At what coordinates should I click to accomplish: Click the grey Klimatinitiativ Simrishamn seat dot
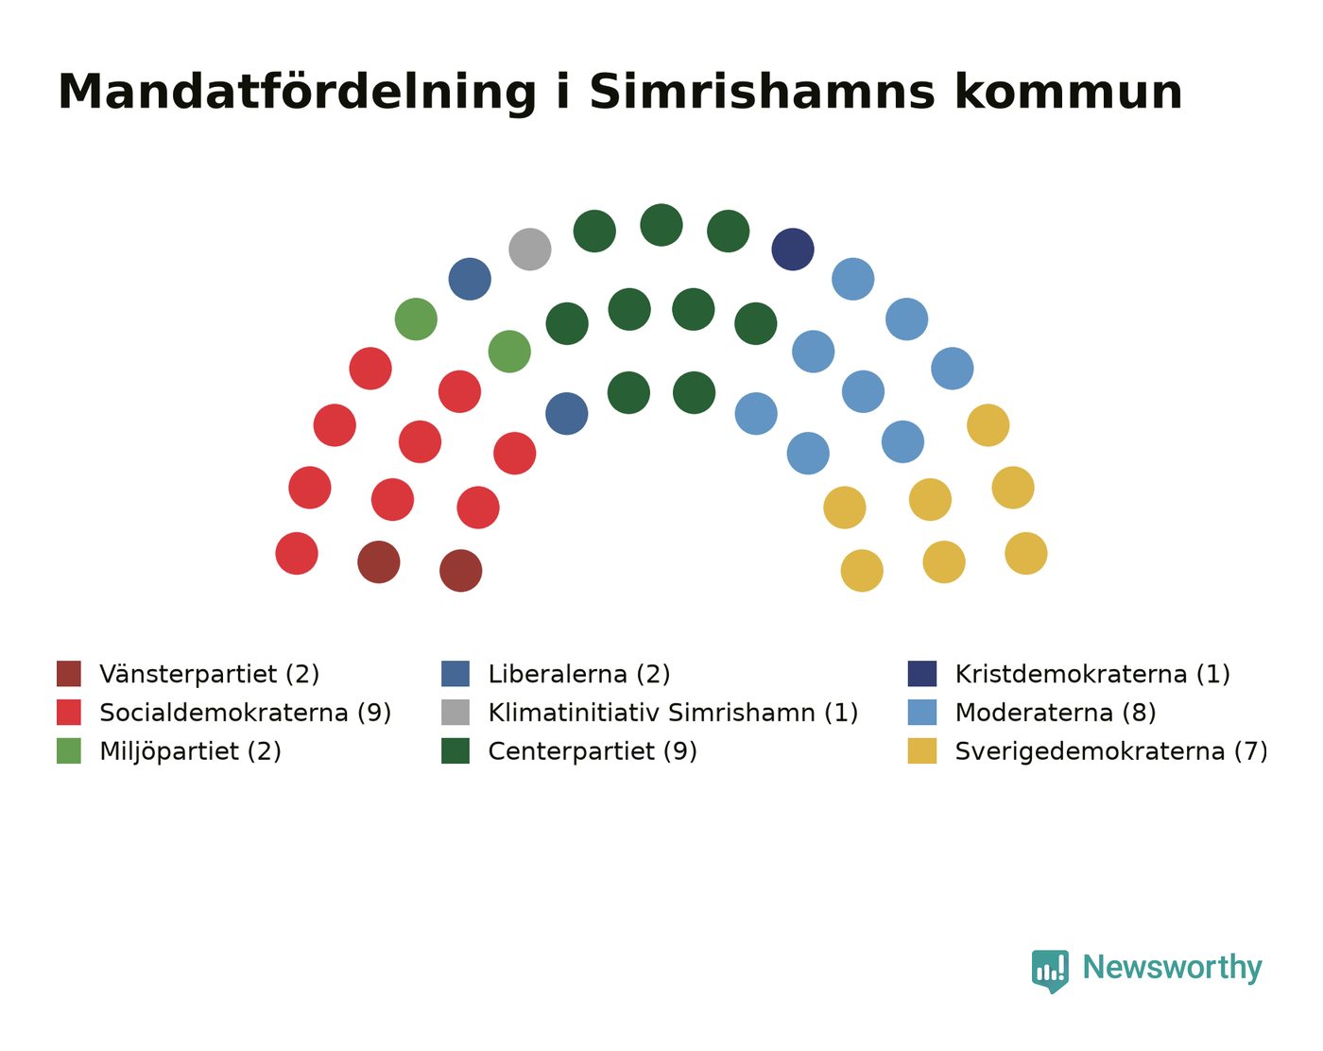(x=530, y=250)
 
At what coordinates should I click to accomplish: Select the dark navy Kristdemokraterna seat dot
(x=793, y=250)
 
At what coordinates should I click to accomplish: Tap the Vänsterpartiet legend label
(x=209, y=674)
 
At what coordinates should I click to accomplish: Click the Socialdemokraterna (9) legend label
(x=246, y=713)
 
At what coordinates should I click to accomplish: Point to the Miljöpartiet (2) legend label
(x=190, y=751)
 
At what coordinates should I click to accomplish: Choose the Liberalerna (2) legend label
(x=578, y=674)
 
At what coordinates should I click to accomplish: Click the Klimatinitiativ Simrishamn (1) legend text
(x=673, y=713)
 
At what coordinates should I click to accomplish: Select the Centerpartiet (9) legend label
(x=592, y=751)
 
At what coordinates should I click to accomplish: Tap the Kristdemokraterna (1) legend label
(x=1091, y=674)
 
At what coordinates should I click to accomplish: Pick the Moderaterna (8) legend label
(x=1055, y=713)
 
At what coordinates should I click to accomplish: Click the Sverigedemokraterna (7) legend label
(x=1111, y=751)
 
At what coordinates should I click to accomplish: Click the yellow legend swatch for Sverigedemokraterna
(x=922, y=750)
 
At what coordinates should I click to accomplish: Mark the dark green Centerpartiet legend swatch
(x=455, y=750)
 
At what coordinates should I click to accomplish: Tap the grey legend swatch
(x=455, y=712)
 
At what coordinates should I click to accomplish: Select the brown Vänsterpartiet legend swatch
(x=69, y=673)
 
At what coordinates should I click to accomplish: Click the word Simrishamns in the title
(x=762, y=93)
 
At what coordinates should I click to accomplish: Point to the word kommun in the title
(x=1069, y=93)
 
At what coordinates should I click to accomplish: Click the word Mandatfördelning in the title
(x=298, y=94)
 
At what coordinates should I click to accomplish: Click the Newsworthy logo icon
(x=1050, y=971)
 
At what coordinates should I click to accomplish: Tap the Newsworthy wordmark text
(x=1172, y=969)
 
